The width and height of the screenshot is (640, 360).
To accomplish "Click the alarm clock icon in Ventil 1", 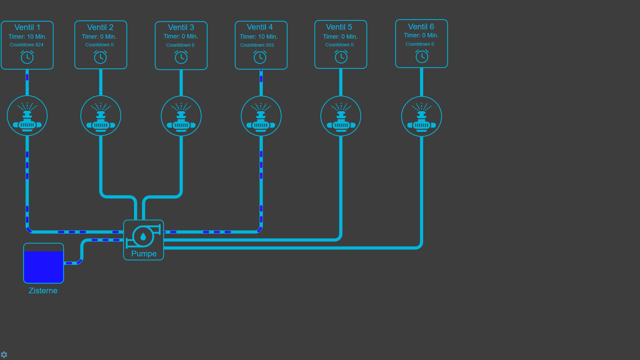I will (27, 57).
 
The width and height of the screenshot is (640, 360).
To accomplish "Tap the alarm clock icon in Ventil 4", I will (260, 57).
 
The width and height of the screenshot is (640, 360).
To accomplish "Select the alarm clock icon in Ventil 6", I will (422, 56).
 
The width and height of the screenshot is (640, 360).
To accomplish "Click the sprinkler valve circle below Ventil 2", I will (101, 116).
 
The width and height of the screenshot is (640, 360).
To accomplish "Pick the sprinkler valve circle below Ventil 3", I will (181, 116).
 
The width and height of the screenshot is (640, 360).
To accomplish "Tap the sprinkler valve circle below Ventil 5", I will (341, 116).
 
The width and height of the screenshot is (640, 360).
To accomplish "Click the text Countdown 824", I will (27, 45).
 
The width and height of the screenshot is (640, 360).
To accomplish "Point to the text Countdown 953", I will (257, 45).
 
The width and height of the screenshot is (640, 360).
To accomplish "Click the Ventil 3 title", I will (181, 27).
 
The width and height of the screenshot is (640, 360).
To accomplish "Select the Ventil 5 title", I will (339, 27).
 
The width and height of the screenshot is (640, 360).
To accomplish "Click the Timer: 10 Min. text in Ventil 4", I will (259, 37).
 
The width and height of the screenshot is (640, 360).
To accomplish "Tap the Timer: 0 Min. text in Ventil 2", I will (99, 37).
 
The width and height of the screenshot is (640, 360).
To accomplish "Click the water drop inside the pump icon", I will (143, 237).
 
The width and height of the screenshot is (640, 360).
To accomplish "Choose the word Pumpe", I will (144, 254).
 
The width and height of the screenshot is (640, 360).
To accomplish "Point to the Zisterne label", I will (43, 291).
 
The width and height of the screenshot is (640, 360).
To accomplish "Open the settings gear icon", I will (4, 354).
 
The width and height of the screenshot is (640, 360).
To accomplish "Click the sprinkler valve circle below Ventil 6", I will (422, 116).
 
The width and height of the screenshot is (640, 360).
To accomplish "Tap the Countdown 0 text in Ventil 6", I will (420, 44).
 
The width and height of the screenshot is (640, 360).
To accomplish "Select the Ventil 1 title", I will (27, 27).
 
